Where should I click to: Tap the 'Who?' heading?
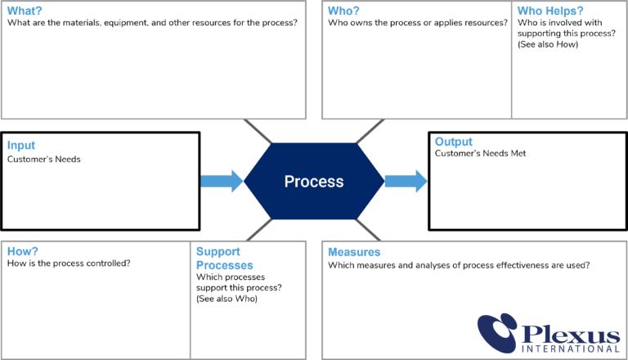(x=343, y=11)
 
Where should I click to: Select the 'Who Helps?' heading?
(x=550, y=11)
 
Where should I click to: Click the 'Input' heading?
(x=21, y=146)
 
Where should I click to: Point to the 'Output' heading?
(x=454, y=142)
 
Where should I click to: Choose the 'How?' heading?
(x=22, y=252)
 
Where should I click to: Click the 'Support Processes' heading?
(x=224, y=259)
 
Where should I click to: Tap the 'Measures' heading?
(x=354, y=252)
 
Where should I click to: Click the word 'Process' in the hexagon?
(x=314, y=182)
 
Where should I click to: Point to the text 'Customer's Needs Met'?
(x=479, y=154)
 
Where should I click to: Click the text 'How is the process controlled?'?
(x=69, y=263)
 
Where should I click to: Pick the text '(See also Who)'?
(x=227, y=299)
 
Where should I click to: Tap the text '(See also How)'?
(x=548, y=44)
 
